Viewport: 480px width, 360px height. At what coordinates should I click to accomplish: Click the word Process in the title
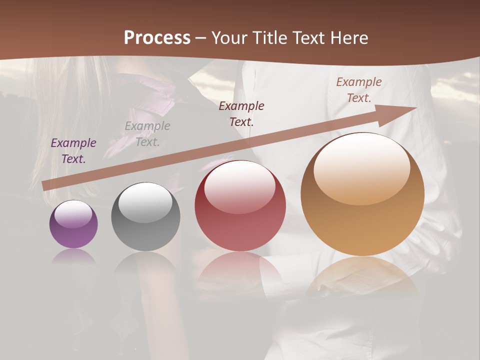tap(157, 38)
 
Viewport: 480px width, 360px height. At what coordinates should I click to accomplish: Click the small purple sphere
tap(73, 224)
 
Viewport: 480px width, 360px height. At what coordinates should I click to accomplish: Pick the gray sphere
tap(145, 216)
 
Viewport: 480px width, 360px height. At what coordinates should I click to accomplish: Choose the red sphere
tap(240, 205)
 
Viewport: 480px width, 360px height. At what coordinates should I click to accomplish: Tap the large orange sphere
tap(362, 194)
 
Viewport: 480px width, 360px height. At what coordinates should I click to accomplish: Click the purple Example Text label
tap(73, 150)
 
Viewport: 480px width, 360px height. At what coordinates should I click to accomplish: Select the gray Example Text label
tap(147, 133)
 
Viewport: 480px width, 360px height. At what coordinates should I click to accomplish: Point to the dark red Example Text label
tap(241, 113)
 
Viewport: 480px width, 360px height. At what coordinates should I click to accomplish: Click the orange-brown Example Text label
tap(359, 90)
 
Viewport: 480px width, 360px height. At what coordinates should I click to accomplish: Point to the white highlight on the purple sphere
tap(73, 214)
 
